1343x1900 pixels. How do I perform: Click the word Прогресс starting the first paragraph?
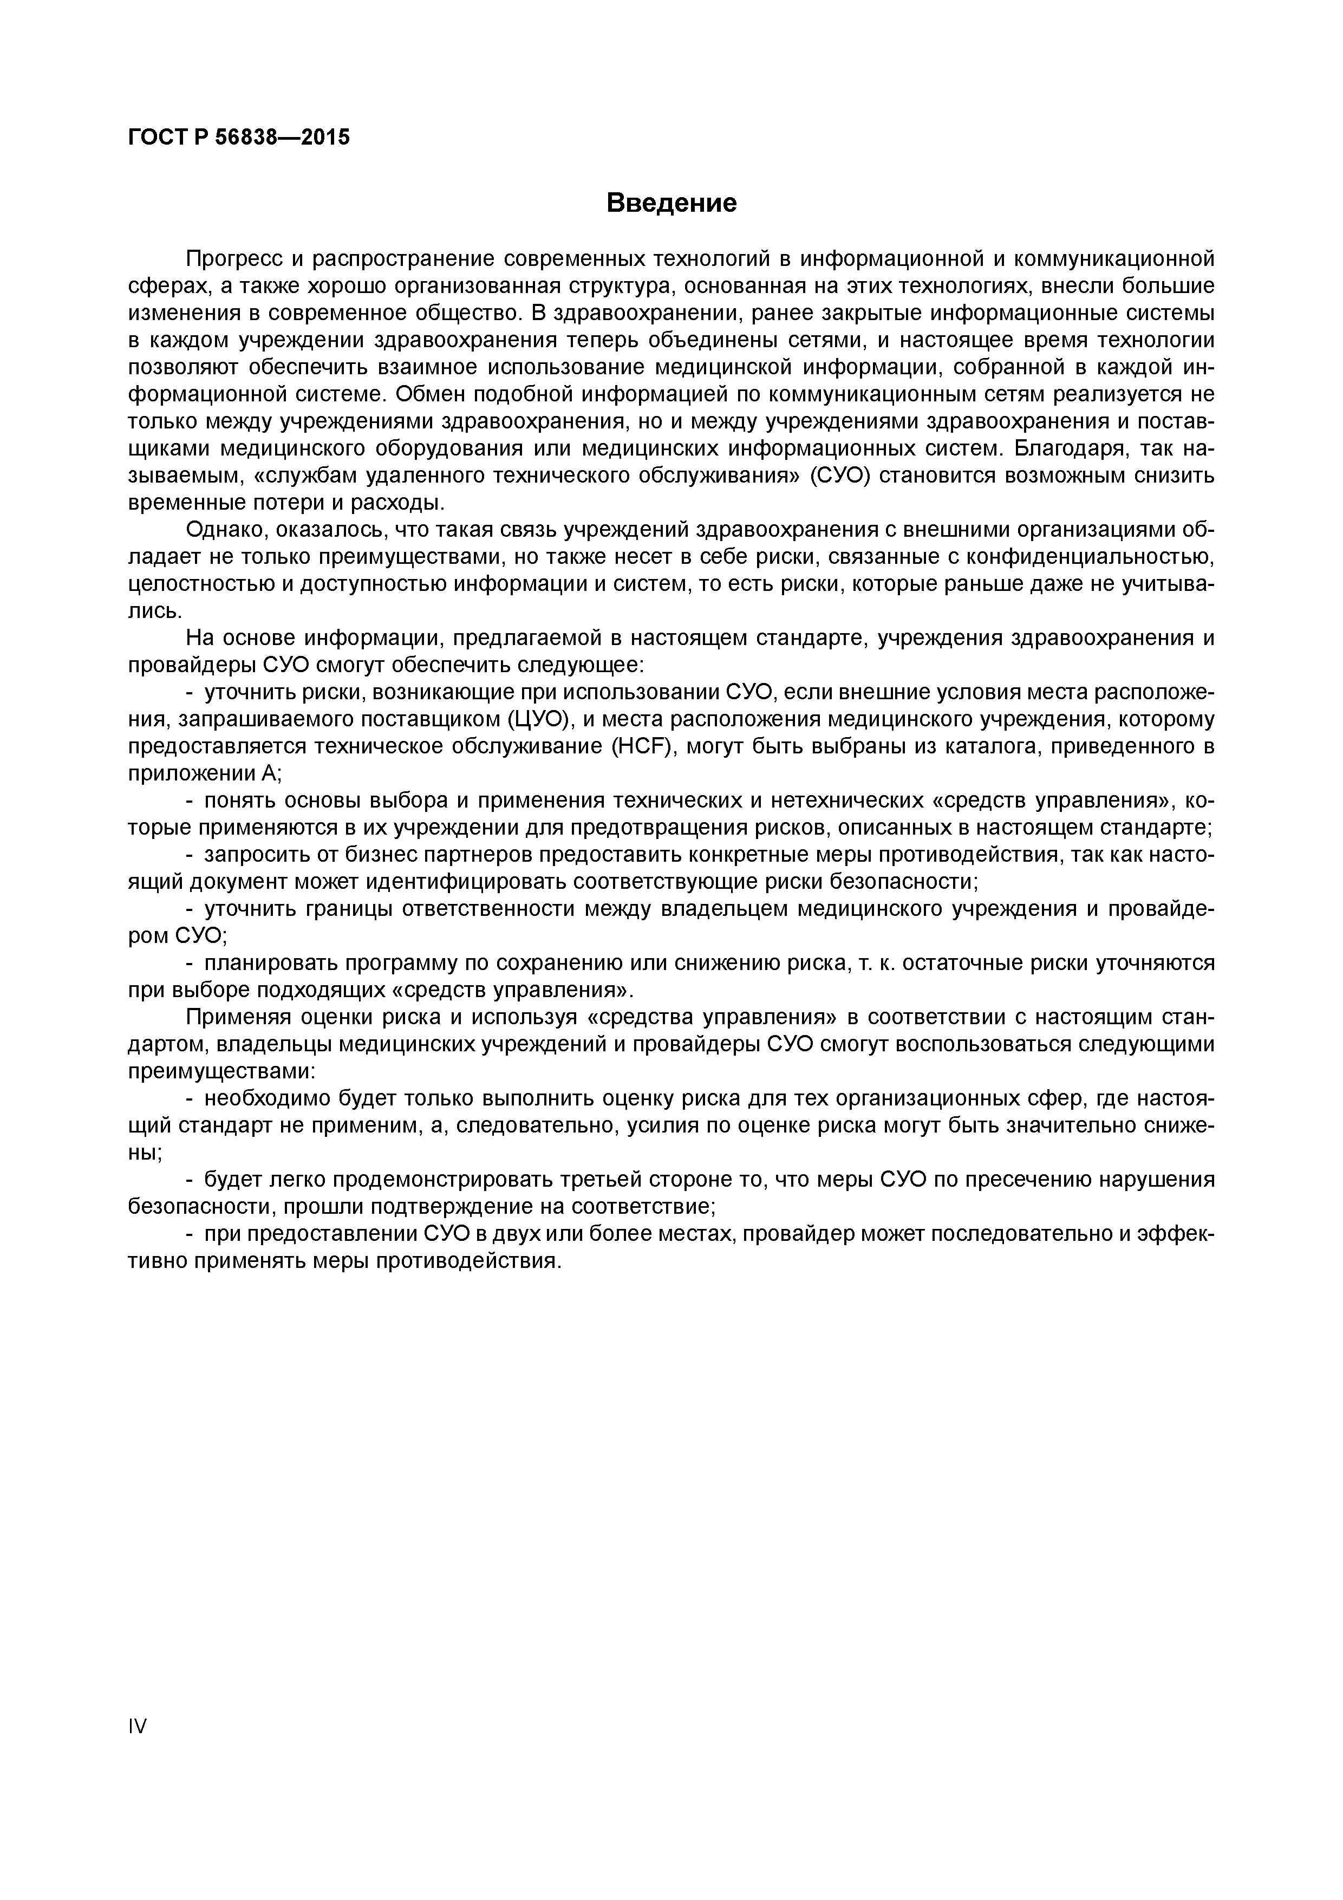point(235,259)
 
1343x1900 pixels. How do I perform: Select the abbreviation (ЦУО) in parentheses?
point(539,719)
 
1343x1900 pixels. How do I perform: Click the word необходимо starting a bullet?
point(265,1098)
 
